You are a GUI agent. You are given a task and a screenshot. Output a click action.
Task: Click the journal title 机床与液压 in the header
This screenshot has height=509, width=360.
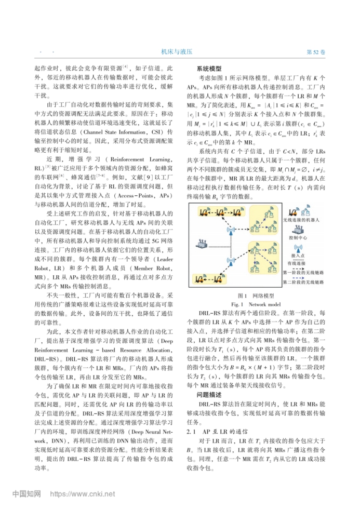point(177,52)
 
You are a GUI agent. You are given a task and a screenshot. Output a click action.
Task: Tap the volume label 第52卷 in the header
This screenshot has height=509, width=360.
point(316,52)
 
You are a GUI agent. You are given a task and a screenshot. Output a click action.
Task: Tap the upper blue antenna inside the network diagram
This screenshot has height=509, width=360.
point(230,229)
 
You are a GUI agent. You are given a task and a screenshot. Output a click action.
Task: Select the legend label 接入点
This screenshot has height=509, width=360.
point(298,256)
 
